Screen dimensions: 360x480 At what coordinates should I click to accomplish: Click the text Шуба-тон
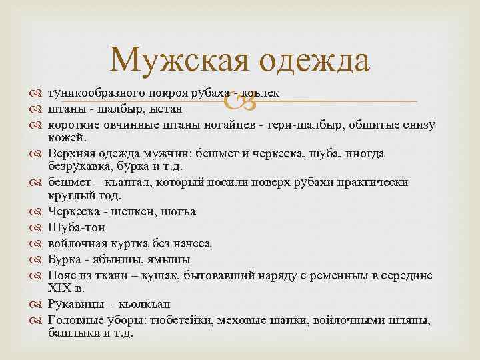[76, 227]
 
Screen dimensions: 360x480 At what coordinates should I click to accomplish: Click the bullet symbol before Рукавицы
[37, 304]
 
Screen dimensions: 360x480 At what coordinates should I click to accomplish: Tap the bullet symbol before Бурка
[37, 259]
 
